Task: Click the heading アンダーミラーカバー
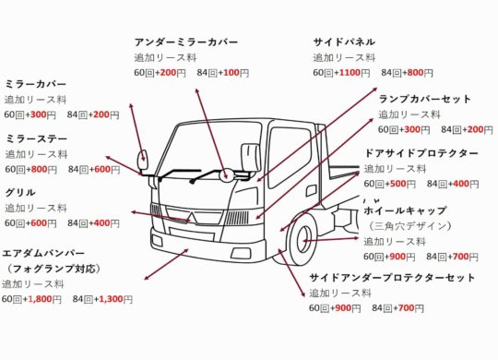point(185,42)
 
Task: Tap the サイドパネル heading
point(344,42)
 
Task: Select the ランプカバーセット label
point(424,99)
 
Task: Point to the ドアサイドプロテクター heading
point(421,153)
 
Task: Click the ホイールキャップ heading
point(405,210)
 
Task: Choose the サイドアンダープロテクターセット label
point(392,278)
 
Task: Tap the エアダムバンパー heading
point(43,254)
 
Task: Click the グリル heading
point(20,192)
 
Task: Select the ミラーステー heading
point(37,139)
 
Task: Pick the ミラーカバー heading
point(36,84)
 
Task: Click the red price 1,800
point(41,299)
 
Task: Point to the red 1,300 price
point(112,299)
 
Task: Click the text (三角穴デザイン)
point(409,226)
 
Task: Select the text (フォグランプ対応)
point(53,269)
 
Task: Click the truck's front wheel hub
point(304,240)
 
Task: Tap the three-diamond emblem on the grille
point(193,218)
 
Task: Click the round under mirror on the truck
point(225,174)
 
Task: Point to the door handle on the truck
point(311,191)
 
